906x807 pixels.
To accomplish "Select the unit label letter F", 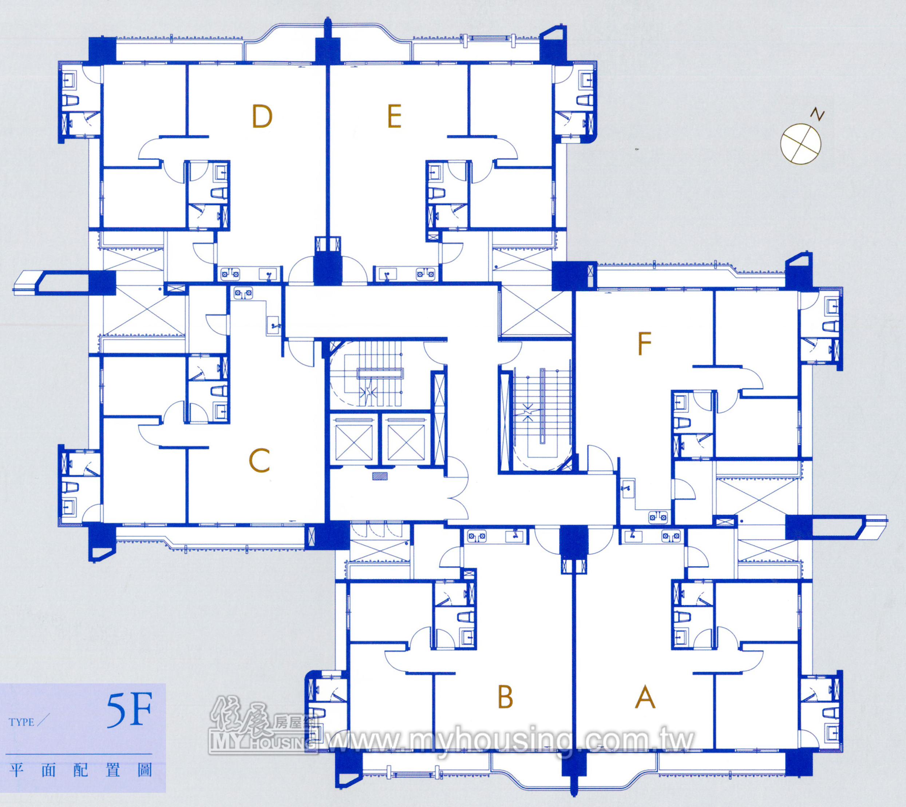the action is [x=644, y=344].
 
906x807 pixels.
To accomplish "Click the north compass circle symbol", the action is [x=801, y=144].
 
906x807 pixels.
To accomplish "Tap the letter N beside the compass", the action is [x=817, y=115].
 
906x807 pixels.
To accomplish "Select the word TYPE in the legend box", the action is [x=21, y=722].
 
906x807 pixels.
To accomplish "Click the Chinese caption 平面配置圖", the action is [x=81, y=771].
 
